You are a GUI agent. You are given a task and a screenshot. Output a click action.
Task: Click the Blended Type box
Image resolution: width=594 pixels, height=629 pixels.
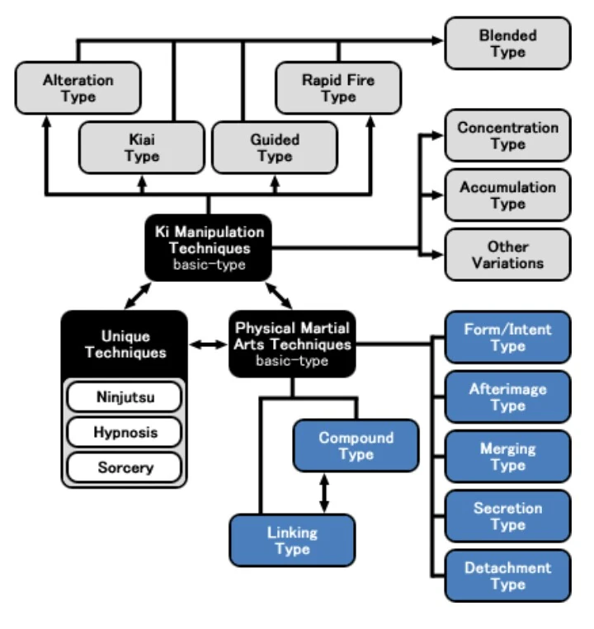[507, 44]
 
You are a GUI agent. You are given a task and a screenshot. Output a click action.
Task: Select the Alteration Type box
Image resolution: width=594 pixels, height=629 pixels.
[78, 88]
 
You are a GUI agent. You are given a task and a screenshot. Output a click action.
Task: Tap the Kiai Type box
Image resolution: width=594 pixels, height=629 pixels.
[141, 148]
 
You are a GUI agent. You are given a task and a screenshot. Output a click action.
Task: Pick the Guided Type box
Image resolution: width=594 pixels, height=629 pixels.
[275, 148]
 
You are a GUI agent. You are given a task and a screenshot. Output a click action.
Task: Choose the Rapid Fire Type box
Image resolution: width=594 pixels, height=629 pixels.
[337, 88]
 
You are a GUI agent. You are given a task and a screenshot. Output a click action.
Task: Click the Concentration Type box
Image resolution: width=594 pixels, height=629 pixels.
[507, 136]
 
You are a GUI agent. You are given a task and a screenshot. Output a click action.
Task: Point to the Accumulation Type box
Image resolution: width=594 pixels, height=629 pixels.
[507, 195]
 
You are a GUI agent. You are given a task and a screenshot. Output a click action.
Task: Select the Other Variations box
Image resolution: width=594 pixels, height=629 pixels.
[507, 255]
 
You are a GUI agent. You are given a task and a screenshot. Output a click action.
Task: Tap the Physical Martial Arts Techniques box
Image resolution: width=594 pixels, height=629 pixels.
[292, 344]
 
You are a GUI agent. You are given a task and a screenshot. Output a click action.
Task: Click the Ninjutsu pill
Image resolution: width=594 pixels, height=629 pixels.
[123, 398]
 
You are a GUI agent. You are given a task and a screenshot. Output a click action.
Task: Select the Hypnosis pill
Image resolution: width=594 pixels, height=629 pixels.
[123, 433]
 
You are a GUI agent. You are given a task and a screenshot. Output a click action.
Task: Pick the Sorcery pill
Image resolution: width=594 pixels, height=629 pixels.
[123, 467]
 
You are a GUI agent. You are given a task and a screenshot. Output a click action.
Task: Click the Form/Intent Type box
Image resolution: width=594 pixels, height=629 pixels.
[507, 337]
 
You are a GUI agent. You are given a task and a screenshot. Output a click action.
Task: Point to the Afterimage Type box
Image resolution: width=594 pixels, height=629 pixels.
[507, 397]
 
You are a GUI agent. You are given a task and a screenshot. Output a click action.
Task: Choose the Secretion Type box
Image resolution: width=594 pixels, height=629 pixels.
[507, 516]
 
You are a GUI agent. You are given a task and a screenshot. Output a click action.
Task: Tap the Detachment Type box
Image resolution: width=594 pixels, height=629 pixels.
[507, 575]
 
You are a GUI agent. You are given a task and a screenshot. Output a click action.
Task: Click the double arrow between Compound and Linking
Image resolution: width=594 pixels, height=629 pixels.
[324, 493]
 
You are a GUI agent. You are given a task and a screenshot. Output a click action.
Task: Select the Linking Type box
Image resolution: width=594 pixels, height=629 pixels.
[292, 541]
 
